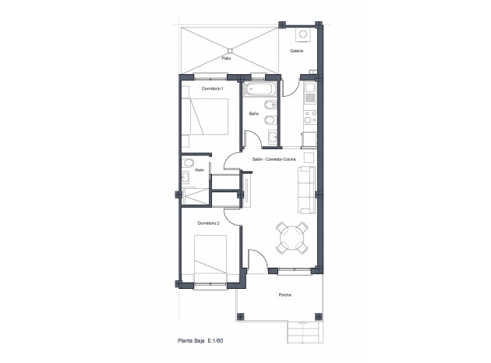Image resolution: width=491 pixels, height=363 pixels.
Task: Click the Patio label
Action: click(x=226, y=58)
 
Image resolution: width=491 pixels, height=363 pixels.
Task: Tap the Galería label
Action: click(x=296, y=51)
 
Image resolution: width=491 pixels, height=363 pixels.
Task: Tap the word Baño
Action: click(x=254, y=113)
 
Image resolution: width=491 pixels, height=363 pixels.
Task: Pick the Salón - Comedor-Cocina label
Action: click(x=274, y=158)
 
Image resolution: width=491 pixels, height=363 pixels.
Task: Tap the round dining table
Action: click(x=294, y=237)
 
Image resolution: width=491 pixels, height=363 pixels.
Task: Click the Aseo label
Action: click(x=200, y=169)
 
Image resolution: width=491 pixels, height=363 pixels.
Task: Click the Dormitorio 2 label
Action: click(x=208, y=223)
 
